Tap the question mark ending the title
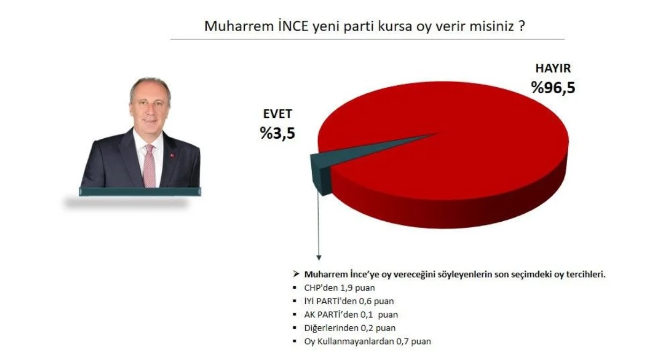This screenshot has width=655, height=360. pos(522,26)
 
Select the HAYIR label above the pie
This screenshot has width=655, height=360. pos(553,68)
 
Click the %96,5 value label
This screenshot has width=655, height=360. pos(553,87)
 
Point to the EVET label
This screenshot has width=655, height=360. pos(277,114)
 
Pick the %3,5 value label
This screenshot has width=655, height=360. pos(277,133)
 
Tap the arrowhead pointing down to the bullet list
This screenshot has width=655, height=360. pos(319,258)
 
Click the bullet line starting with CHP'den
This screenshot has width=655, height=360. pos(340,288)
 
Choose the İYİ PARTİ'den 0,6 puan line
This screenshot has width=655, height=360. pos(349,301)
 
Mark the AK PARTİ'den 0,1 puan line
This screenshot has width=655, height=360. pos(351,314)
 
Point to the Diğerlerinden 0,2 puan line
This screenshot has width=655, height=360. pos(350,328)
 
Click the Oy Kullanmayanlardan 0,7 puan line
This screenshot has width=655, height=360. pos(367,342)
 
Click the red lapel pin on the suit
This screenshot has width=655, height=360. pos(172,155)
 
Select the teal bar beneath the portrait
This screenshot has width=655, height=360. pos(140,192)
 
